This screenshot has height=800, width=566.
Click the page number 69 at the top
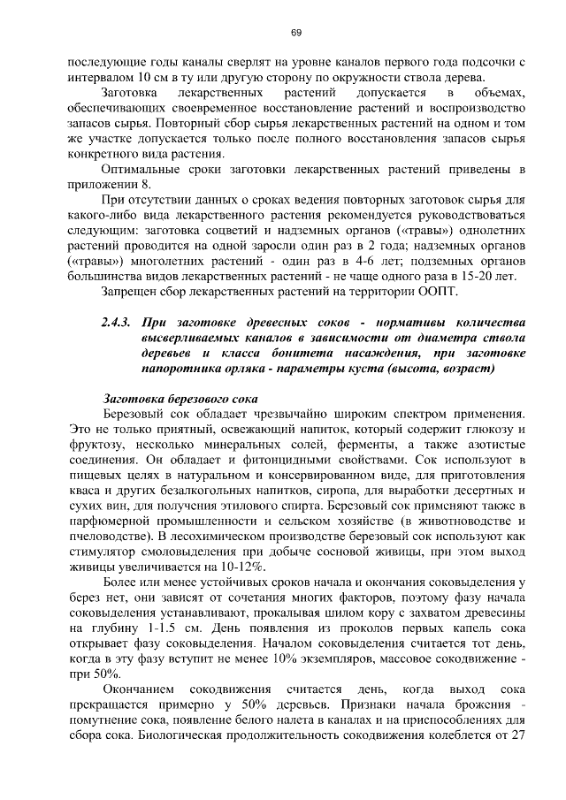click(x=296, y=33)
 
